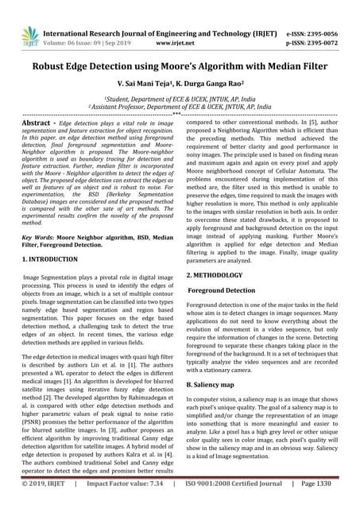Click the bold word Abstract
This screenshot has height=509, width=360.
pos(38,125)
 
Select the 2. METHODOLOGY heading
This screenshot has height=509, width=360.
pos(215,274)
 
